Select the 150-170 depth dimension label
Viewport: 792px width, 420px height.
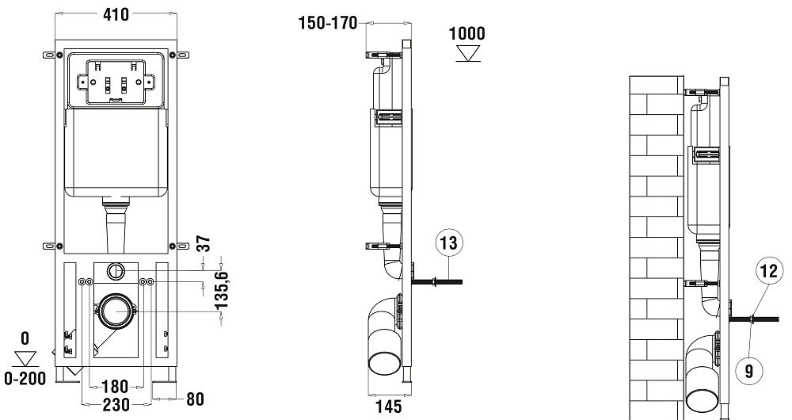[x=328, y=23]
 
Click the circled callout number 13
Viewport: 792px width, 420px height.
[x=447, y=244]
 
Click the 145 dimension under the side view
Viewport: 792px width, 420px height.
[x=388, y=407]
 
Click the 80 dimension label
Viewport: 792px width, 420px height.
[x=194, y=399]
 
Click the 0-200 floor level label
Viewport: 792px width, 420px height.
[x=25, y=379]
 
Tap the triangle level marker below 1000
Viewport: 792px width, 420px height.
[x=467, y=53]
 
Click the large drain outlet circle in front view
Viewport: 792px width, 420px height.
[x=116, y=312]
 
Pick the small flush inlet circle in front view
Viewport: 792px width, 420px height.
[x=116, y=271]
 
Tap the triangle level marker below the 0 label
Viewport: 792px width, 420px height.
[x=25, y=357]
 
